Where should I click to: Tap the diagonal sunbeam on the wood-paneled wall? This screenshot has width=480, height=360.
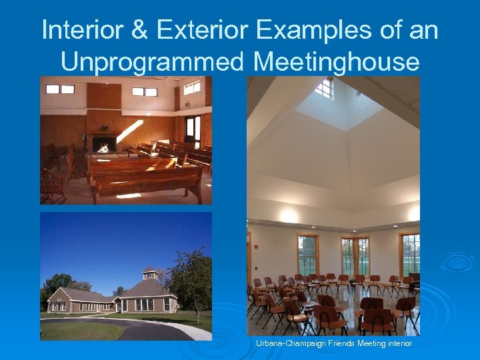129,131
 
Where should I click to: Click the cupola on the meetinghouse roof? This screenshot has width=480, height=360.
149,273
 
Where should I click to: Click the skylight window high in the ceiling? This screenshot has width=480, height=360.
324,89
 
